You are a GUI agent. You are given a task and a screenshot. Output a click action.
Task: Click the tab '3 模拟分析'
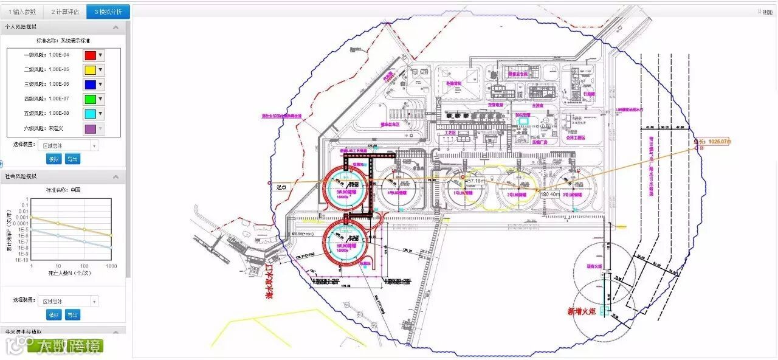point(108,12)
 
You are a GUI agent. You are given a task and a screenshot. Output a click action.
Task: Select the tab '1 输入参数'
point(22,12)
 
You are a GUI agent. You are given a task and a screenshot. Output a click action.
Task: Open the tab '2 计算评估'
point(65,12)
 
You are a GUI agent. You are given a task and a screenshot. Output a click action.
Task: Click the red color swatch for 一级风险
point(89,55)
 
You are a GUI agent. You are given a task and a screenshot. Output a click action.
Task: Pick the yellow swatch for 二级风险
point(89,70)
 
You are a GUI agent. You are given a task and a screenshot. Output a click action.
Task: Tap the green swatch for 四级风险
point(89,99)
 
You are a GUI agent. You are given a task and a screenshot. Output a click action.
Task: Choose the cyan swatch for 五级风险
point(89,114)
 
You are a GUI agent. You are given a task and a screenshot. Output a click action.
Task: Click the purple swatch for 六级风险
point(89,129)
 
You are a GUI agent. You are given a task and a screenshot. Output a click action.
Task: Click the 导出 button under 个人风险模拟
point(73,159)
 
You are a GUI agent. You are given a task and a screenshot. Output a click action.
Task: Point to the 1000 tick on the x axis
point(111,266)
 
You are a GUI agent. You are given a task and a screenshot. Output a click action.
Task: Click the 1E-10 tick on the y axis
point(21,260)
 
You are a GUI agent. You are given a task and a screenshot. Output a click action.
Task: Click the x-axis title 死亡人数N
point(70,274)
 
